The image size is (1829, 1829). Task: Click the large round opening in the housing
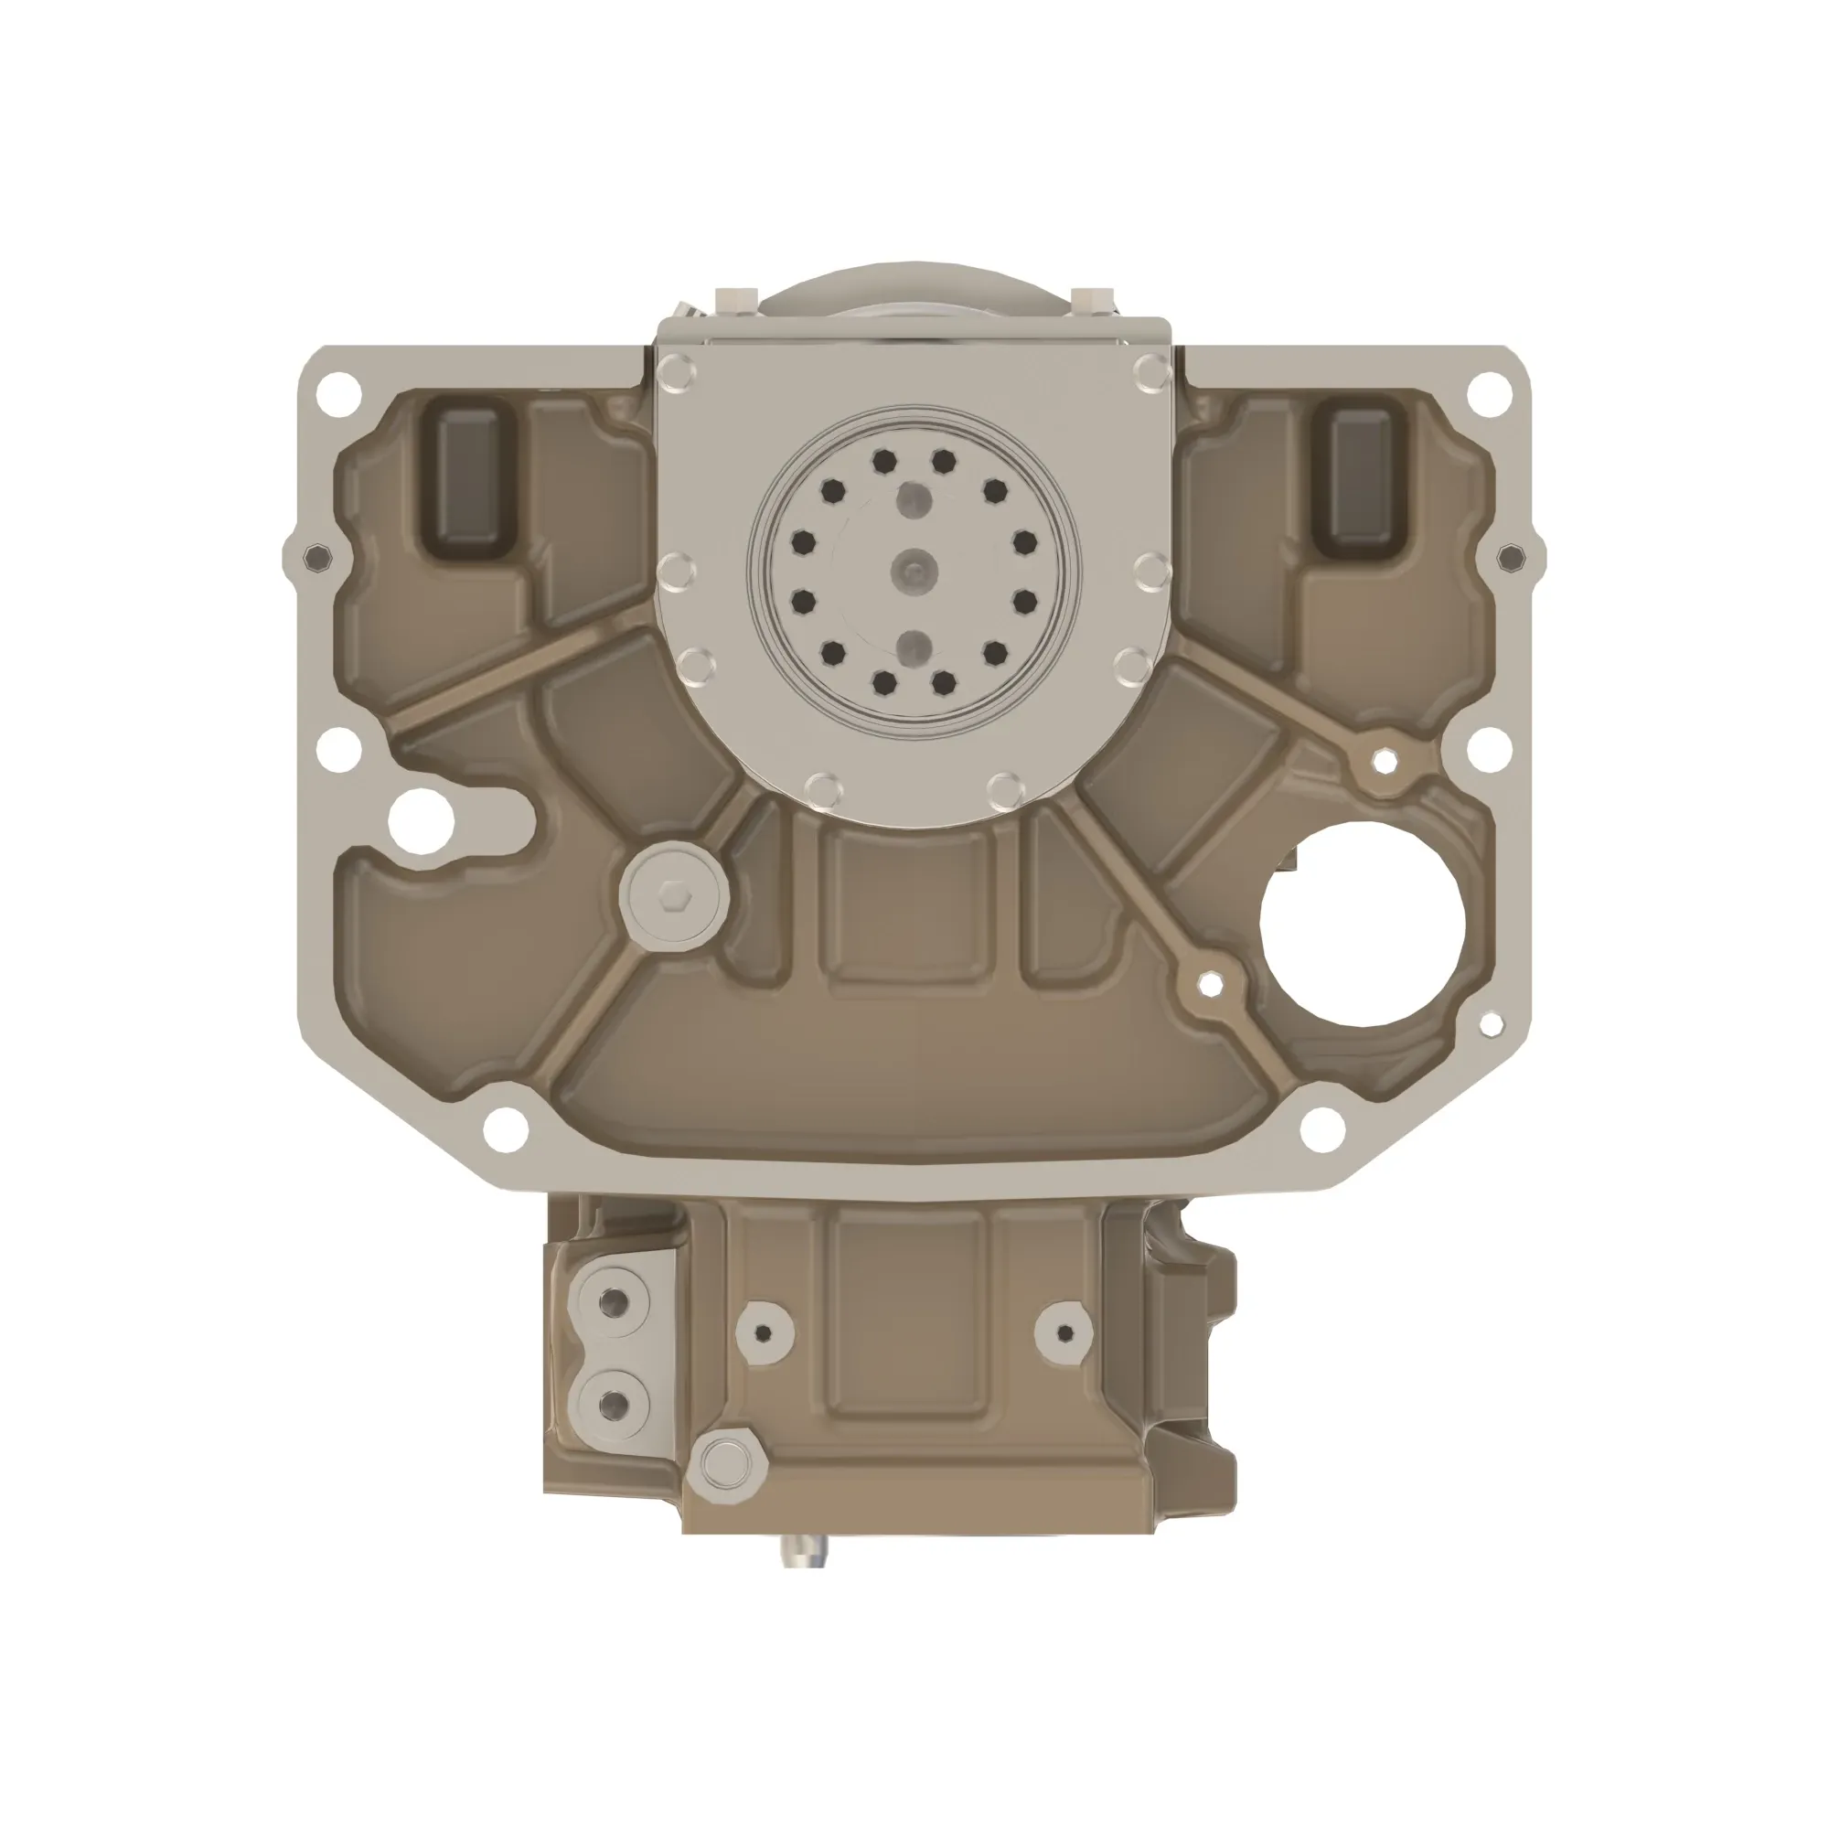[1362, 925]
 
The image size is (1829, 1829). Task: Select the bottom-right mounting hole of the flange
[1322, 1128]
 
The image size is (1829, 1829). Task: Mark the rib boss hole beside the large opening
[1209, 985]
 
